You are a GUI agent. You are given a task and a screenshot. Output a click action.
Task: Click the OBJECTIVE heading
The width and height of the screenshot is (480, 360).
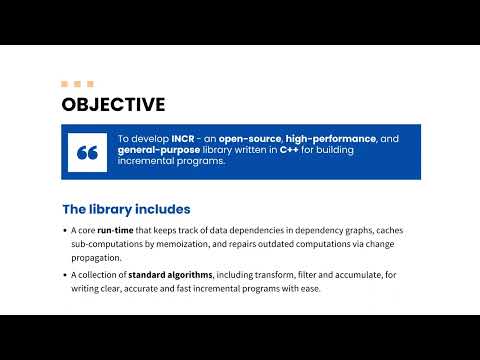(113, 104)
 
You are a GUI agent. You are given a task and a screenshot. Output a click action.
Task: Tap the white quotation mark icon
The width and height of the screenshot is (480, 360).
(87, 152)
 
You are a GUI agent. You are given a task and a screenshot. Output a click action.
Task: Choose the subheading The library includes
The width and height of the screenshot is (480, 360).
(126, 209)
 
